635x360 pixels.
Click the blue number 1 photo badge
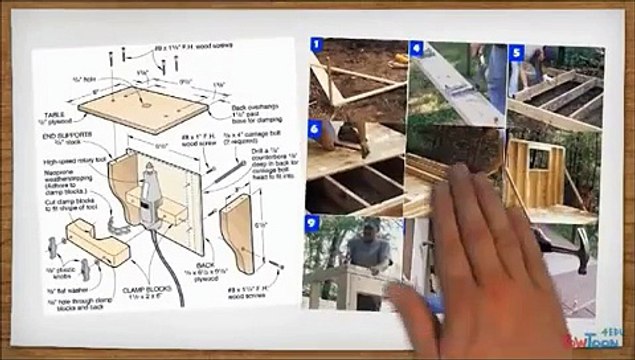tap(317, 45)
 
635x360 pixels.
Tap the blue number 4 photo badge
tap(415, 47)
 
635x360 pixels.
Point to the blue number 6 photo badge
tap(316, 128)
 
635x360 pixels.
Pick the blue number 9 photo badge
tap(313, 222)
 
